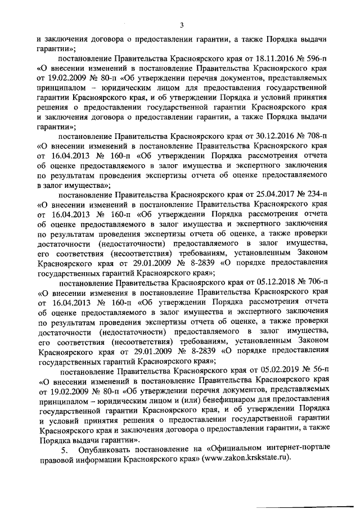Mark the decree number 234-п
(x=316, y=193)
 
